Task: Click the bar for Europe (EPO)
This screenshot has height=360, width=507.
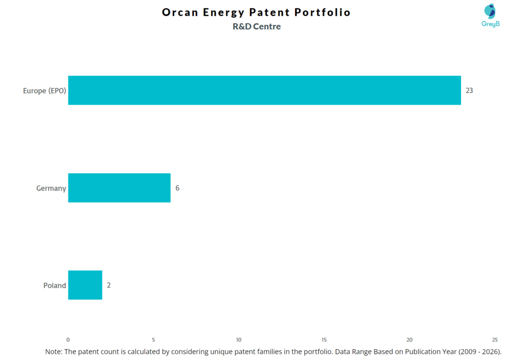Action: (264, 90)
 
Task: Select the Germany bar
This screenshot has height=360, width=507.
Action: (119, 188)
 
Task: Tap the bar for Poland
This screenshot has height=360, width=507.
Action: (85, 285)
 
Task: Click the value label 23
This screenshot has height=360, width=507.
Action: (469, 91)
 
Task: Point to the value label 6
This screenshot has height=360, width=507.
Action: (177, 188)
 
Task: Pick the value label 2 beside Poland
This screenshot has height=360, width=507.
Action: (109, 285)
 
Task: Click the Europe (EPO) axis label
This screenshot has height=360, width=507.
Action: (45, 91)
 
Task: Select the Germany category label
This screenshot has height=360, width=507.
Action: (51, 188)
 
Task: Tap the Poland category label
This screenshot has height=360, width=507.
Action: (54, 285)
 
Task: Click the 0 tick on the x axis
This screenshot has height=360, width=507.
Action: (68, 340)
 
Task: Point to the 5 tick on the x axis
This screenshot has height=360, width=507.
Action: (153, 340)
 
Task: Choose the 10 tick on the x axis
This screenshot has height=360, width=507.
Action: (239, 340)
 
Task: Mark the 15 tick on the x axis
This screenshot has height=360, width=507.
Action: (324, 340)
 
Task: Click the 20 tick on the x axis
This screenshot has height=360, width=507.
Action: (409, 340)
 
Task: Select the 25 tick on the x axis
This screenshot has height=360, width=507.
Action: (495, 340)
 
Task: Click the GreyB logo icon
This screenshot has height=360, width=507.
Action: (490, 12)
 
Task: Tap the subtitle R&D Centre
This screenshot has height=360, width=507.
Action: (256, 27)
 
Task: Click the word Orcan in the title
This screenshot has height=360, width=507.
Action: (180, 12)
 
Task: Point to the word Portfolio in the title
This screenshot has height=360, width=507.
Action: (326, 12)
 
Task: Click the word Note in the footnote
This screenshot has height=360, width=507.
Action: (54, 351)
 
